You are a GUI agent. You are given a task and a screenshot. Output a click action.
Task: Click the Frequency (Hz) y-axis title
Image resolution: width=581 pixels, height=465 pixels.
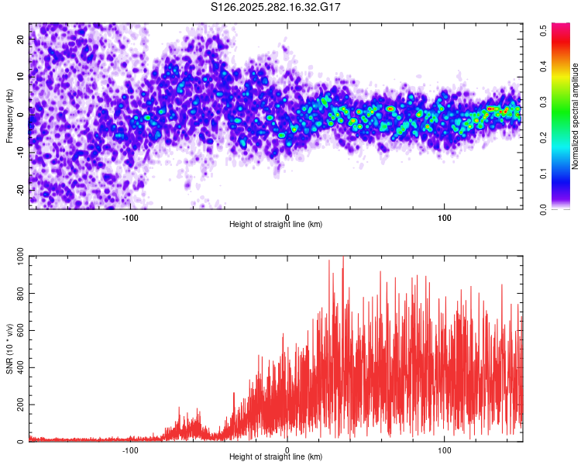pos(9,115)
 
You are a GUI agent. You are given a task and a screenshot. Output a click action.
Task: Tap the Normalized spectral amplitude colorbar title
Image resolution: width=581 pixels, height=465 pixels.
pos(575,116)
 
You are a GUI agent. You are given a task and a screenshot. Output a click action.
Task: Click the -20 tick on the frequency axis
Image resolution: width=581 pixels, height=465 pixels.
pos(19,190)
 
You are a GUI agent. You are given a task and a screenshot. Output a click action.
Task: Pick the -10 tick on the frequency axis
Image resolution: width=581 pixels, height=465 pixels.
pos(19,153)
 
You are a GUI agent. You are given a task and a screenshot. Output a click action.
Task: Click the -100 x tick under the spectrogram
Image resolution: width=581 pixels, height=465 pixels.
pos(130,216)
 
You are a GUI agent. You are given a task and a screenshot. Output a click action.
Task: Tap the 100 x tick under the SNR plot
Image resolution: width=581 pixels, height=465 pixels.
pos(445,449)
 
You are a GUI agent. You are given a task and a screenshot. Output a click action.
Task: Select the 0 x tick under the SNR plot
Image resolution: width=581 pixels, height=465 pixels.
pos(287,449)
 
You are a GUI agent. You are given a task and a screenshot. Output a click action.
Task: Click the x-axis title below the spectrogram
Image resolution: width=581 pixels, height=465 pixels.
pos(277,225)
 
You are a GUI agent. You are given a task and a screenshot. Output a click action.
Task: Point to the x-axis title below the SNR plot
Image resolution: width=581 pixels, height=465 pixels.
pos(277,457)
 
